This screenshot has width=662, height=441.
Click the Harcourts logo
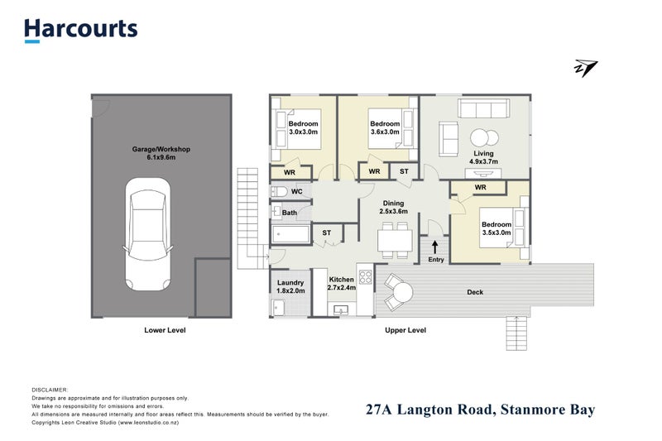[80, 30]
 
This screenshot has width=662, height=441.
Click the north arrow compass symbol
[586, 69]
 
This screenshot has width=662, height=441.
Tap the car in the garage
[148, 235]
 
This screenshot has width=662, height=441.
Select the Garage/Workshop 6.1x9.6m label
[162, 154]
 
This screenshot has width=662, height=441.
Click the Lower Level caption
[164, 330]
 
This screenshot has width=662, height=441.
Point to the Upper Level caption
[405, 330]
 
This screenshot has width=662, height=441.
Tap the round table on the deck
[401, 291]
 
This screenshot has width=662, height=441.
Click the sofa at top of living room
[484, 110]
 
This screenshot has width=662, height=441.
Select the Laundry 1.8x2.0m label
[290, 287]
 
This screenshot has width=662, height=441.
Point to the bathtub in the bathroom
[290, 235]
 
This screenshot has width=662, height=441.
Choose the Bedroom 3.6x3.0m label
[384, 128]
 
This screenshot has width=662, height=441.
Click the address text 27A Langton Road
[481, 409]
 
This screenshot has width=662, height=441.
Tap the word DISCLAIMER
[50, 389]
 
